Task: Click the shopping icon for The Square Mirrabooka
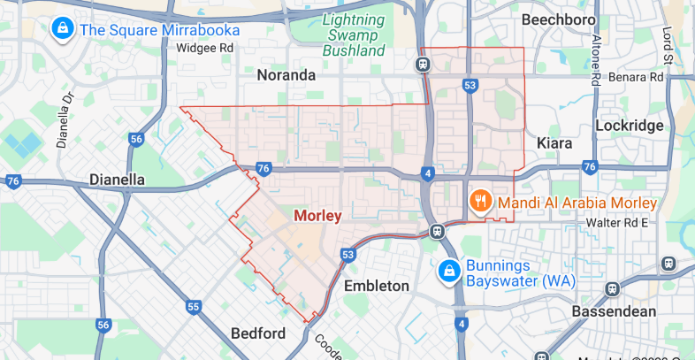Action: coord(64,28)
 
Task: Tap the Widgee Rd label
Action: coord(205,48)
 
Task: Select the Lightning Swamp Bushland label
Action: coord(353,34)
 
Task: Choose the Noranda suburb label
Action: coord(286,75)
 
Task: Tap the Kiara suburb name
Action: coord(555,142)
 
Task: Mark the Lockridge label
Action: coord(629,126)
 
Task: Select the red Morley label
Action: coord(317,215)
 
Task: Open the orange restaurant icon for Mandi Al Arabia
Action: coord(481,201)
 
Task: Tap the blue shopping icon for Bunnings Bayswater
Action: coord(449,269)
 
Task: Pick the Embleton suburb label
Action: coord(377,286)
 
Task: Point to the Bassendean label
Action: coord(613,311)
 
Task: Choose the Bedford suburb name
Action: coord(257,333)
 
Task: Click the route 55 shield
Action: coord(194,307)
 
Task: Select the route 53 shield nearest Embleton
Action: coord(347,255)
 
